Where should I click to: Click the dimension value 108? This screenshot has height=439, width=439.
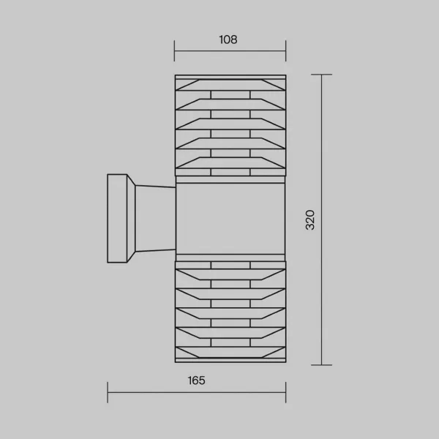click(x=228, y=40)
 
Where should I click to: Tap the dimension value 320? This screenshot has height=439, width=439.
click(x=310, y=219)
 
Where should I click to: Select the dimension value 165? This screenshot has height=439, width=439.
click(x=197, y=380)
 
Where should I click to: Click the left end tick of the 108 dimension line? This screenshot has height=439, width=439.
click(x=174, y=50)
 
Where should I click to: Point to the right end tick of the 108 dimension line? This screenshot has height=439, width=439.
click(x=286, y=50)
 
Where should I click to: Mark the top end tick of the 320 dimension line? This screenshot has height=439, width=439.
click(x=321, y=75)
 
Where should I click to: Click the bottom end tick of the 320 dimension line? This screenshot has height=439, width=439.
click(x=321, y=365)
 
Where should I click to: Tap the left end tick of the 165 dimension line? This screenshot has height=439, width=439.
click(x=108, y=392)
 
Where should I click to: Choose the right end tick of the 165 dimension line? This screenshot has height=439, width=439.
click(x=286, y=392)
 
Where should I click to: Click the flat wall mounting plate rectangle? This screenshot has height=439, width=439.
click(x=117, y=218)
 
